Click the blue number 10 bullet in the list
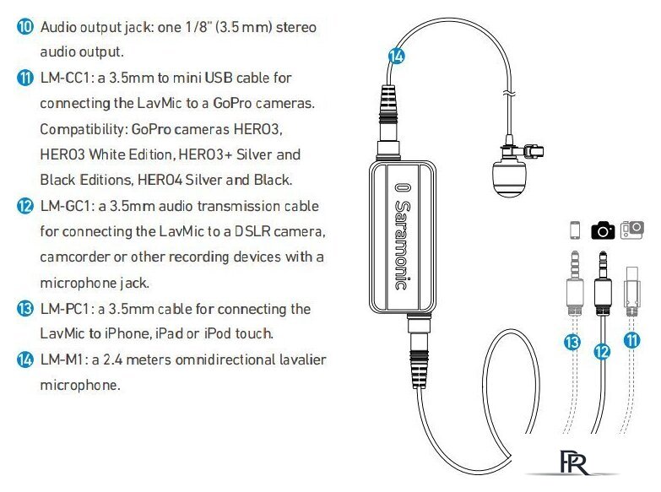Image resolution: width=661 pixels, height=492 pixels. [24, 26]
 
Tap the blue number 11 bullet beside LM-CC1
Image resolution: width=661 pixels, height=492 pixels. [24, 78]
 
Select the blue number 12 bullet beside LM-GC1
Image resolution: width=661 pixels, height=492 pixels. [24, 206]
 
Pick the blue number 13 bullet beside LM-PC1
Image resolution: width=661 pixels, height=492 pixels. [24, 309]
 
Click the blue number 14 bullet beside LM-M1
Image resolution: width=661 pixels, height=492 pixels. [24, 360]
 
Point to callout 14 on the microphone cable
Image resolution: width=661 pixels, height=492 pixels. [396, 56]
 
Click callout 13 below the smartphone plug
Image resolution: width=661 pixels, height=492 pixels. [572, 342]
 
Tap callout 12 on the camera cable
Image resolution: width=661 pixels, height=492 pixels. [602, 351]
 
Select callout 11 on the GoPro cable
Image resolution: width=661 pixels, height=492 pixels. [632, 340]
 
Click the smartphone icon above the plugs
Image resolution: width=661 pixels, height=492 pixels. [575, 230]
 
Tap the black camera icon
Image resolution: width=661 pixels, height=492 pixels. [603, 230]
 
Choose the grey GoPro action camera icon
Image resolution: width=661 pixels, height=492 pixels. [632, 230]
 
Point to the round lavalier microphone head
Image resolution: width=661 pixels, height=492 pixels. [509, 178]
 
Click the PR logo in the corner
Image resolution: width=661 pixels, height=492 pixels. [574, 462]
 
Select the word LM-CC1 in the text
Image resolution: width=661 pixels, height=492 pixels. [68, 78]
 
